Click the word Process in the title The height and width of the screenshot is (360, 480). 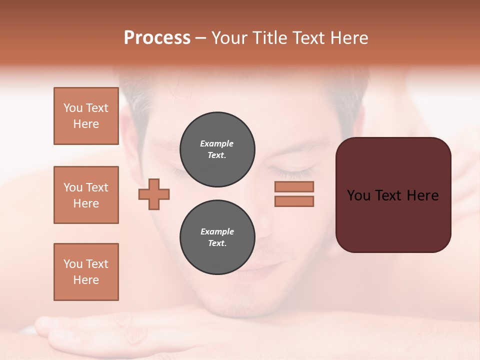(157, 37)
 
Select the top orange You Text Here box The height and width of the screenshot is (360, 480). (86, 116)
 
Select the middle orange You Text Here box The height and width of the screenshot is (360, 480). (86, 195)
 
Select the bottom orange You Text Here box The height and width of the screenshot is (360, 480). (86, 271)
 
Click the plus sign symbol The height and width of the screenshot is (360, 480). (154, 193)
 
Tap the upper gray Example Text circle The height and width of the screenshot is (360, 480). (217, 149)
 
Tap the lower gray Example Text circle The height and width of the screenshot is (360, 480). (217, 237)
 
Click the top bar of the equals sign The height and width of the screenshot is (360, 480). (294, 186)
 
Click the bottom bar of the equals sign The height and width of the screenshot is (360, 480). (294, 201)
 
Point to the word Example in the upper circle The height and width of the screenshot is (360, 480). (216, 143)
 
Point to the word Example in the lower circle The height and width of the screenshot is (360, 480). (217, 231)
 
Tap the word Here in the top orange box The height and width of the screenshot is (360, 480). (86, 124)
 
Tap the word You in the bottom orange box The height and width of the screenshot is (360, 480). (72, 263)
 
